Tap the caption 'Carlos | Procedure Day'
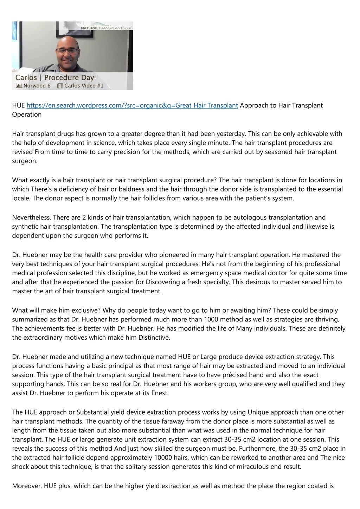coord(54,77)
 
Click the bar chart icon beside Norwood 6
coord(19,85)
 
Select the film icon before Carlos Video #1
coord(60,86)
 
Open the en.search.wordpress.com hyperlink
coord(132,105)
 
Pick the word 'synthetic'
coord(25,227)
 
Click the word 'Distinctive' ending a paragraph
coord(153,338)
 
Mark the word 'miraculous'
coord(258,466)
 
